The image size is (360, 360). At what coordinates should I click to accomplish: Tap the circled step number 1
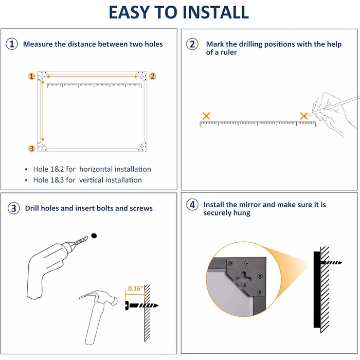point(12,44)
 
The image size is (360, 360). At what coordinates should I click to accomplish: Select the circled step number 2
point(192,44)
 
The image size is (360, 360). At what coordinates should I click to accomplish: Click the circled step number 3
point(14,208)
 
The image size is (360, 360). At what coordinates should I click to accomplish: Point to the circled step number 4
point(192,205)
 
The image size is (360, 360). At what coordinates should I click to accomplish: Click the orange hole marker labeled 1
point(32,76)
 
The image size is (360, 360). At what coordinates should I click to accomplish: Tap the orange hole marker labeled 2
point(153,76)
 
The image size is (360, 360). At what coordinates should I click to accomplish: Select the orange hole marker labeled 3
point(32,149)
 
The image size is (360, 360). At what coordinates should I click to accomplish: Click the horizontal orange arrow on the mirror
point(92,77)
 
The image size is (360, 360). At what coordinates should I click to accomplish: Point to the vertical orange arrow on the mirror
point(43,111)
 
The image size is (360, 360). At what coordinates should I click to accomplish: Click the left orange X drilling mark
point(206,116)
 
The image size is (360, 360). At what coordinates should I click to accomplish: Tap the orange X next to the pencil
point(304,116)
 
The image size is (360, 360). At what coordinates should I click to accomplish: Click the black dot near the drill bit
point(94,236)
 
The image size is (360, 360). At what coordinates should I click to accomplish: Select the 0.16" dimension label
point(135,289)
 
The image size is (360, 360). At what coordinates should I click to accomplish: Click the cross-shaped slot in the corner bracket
point(244,279)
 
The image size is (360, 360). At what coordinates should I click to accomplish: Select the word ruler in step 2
point(229,52)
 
